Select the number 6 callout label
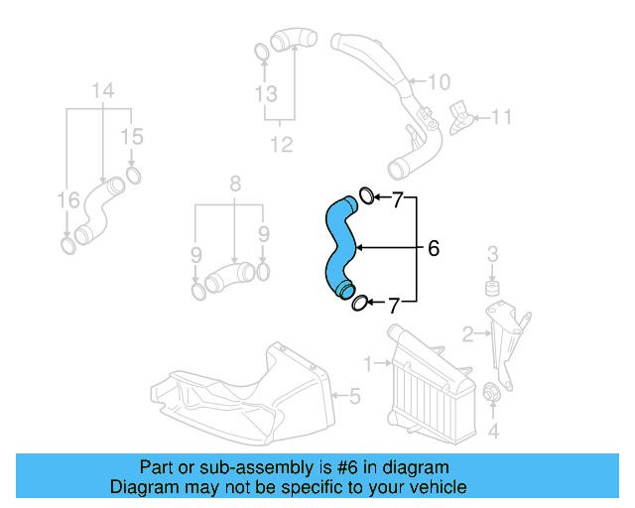click(x=433, y=248)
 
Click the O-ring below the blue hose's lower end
click(x=360, y=303)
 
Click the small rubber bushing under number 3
click(x=490, y=289)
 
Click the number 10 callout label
click(x=439, y=81)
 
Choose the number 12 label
click(x=283, y=145)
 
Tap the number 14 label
click(x=104, y=92)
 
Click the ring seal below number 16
click(x=67, y=243)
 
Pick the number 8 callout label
click(x=235, y=184)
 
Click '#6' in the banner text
click(x=323, y=467)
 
